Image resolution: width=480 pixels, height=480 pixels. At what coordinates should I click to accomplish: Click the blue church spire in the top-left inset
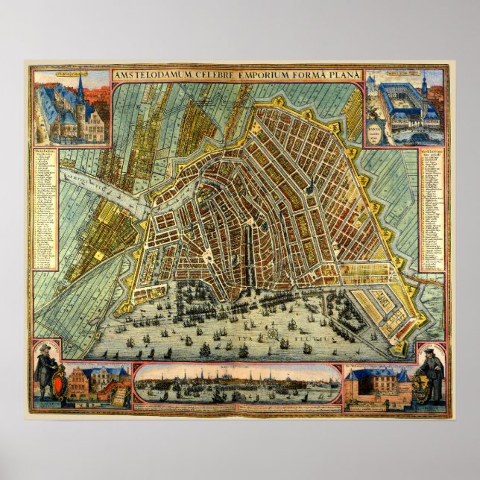(80, 92)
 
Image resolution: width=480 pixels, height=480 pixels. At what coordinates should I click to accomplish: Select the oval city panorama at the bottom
(237, 385)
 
